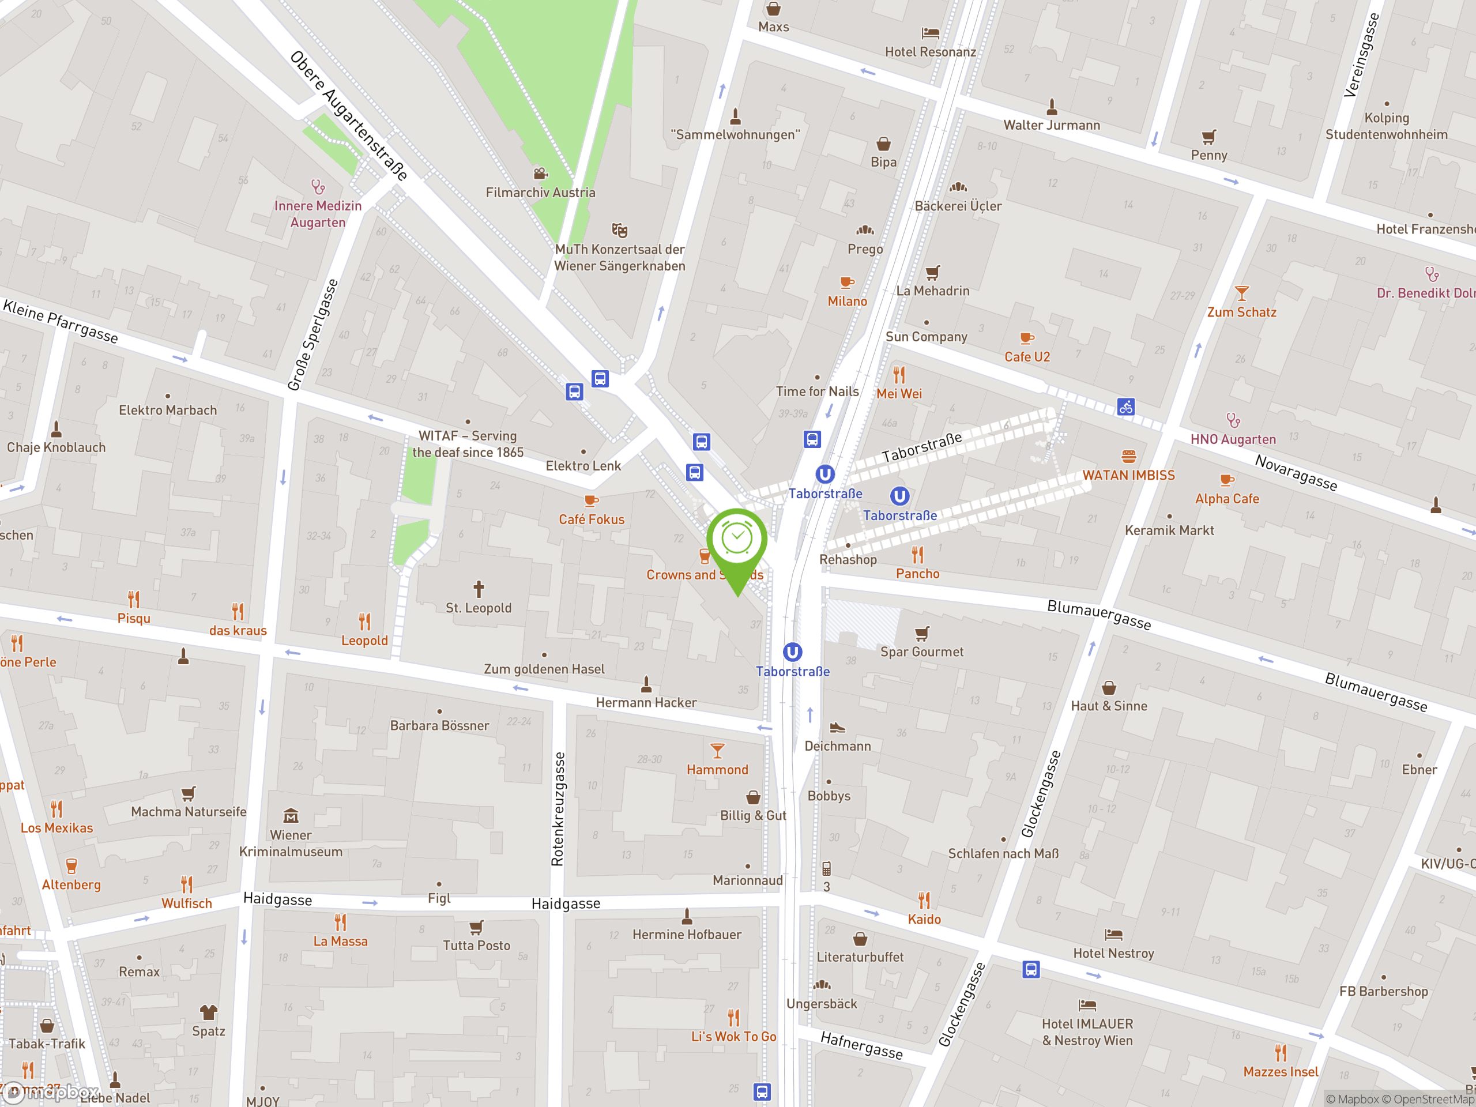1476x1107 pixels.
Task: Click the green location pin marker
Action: click(737, 544)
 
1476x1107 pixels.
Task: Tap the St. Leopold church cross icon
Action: click(479, 589)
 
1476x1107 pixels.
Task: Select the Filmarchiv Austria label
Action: click(540, 193)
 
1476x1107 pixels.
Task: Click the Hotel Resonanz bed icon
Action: click(930, 33)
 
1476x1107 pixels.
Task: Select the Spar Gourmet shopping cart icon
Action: click(921, 632)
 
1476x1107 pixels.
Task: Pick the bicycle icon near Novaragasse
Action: click(1125, 406)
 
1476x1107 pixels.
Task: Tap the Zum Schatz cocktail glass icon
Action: click(1241, 293)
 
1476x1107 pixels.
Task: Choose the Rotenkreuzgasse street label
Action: click(559, 809)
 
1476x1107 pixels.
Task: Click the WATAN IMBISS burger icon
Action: click(1128, 457)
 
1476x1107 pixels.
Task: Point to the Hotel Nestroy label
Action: click(1113, 954)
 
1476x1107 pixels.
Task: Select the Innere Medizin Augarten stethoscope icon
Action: click(318, 187)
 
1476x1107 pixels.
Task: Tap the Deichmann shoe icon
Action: click(837, 727)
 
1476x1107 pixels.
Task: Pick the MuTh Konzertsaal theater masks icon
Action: click(619, 230)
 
